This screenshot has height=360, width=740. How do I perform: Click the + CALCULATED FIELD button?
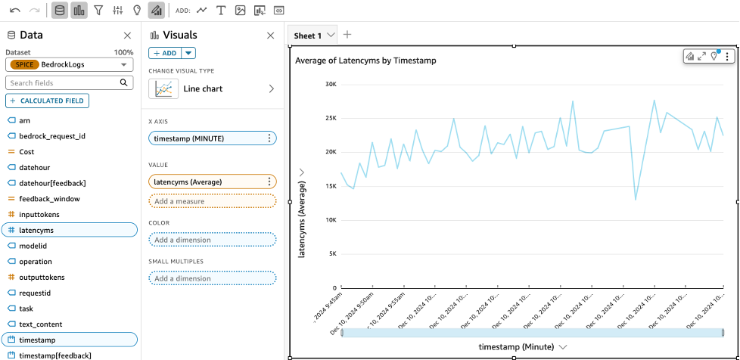point(48,101)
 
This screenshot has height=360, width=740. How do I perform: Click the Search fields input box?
point(64,82)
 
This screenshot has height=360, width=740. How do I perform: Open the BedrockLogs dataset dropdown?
point(70,65)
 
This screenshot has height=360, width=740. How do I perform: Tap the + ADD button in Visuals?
point(166,53)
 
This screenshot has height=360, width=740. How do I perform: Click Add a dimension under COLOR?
point(213,240)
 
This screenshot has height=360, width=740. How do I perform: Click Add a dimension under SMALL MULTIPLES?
point(213,278)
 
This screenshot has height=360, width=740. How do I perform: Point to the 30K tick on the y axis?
point(330,84)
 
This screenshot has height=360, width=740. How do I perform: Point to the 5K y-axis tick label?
point(331,254)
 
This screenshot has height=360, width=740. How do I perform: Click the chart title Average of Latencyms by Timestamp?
point(365,60)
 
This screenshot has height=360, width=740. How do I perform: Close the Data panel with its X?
point(127,36)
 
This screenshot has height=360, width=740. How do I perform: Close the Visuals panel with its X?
point(271,36)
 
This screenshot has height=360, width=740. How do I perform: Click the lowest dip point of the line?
point(636,200)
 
